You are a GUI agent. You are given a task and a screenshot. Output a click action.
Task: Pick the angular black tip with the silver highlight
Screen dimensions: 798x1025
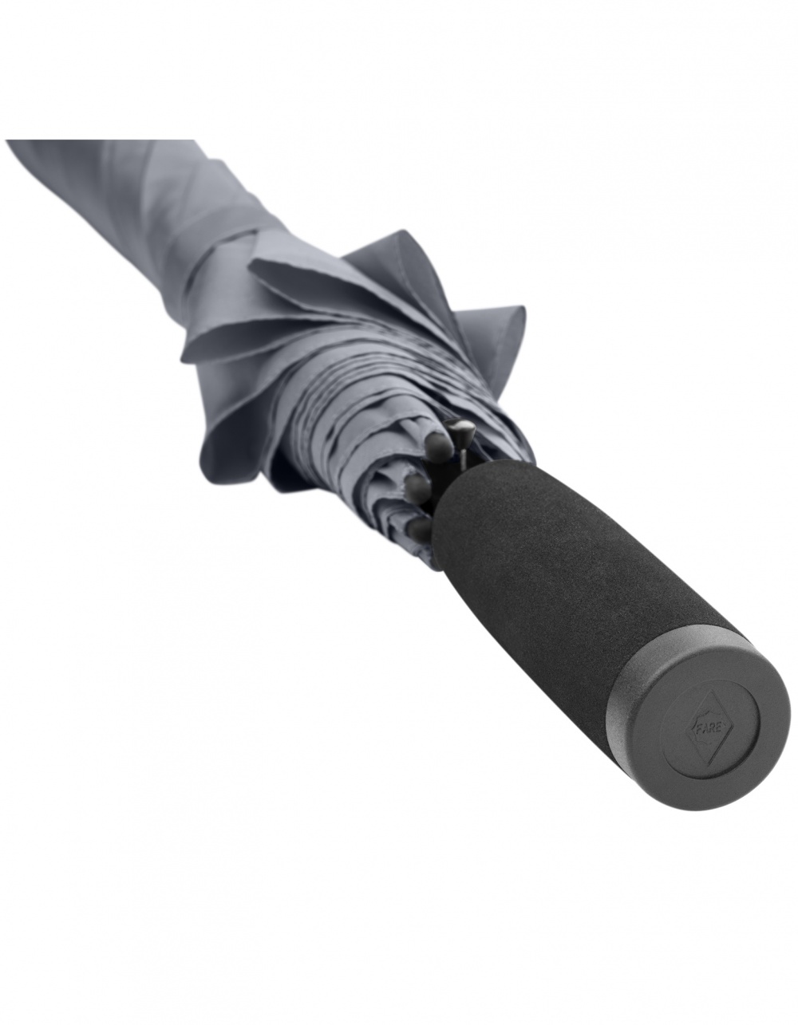click(460, 430)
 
